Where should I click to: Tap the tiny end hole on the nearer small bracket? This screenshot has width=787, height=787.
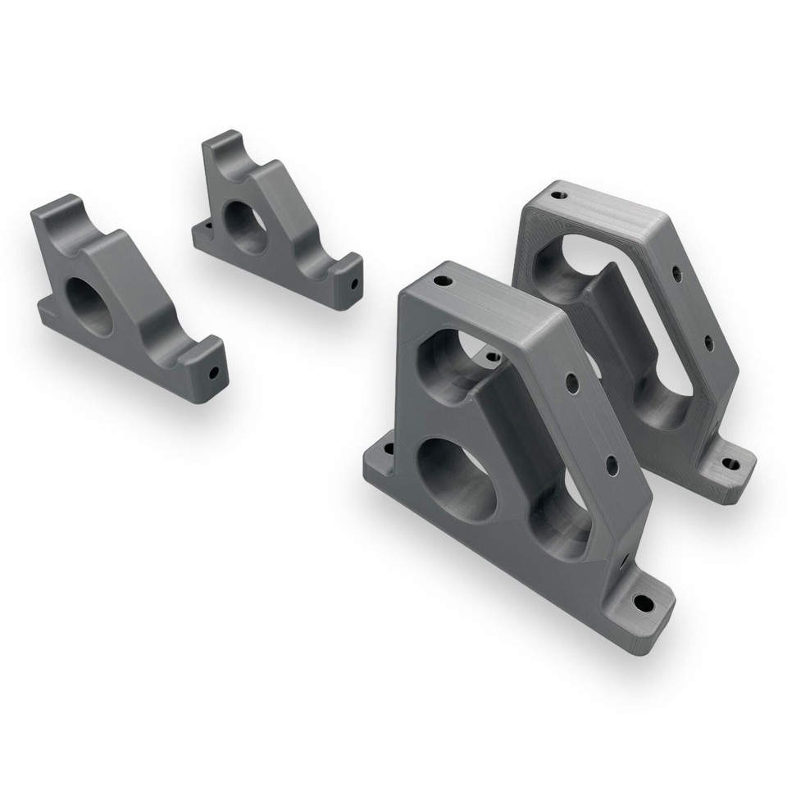point(214,372)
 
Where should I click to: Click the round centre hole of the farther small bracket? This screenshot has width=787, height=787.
point(243,223)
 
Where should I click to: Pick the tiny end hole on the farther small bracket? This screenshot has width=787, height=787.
point(354,285)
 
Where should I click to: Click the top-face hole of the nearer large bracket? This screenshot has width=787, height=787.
point(443,281)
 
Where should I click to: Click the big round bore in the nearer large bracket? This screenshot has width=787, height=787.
point(456,478)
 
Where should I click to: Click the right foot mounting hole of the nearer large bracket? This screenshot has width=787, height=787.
point(644,605)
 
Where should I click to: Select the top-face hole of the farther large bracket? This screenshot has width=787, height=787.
point(558,195)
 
